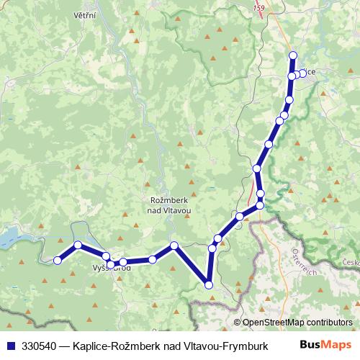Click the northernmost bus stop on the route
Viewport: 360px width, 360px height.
(x=292, y=55)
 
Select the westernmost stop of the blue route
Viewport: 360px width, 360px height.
(x=58, y=260)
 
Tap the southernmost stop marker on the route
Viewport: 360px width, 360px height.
(x=210, y=285)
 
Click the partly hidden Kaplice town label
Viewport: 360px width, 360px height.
(x=308, y=71)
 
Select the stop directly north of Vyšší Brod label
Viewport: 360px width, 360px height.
(x=106, y=256)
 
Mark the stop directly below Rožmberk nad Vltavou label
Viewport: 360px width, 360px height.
(x=174, y=246)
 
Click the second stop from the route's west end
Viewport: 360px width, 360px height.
(x=78, y=246)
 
